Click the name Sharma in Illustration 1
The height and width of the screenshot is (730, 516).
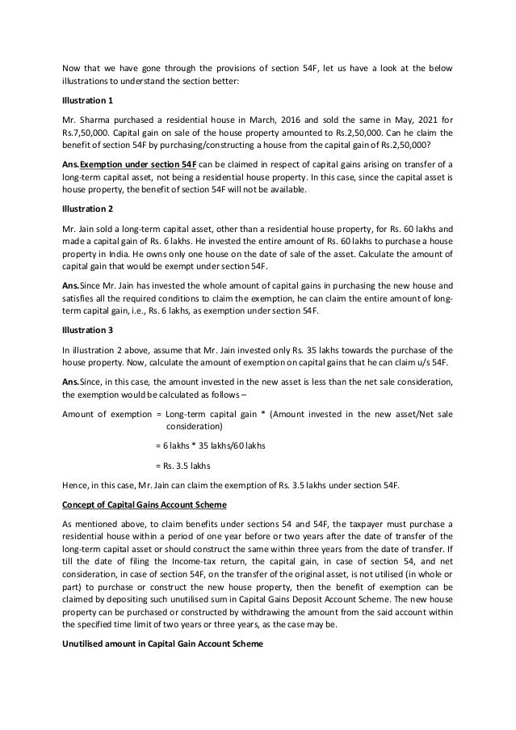(x=94, y=118)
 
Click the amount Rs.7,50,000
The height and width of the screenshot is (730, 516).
(x=86, y=132)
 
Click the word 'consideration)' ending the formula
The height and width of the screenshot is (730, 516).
(x=194, y=426)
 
